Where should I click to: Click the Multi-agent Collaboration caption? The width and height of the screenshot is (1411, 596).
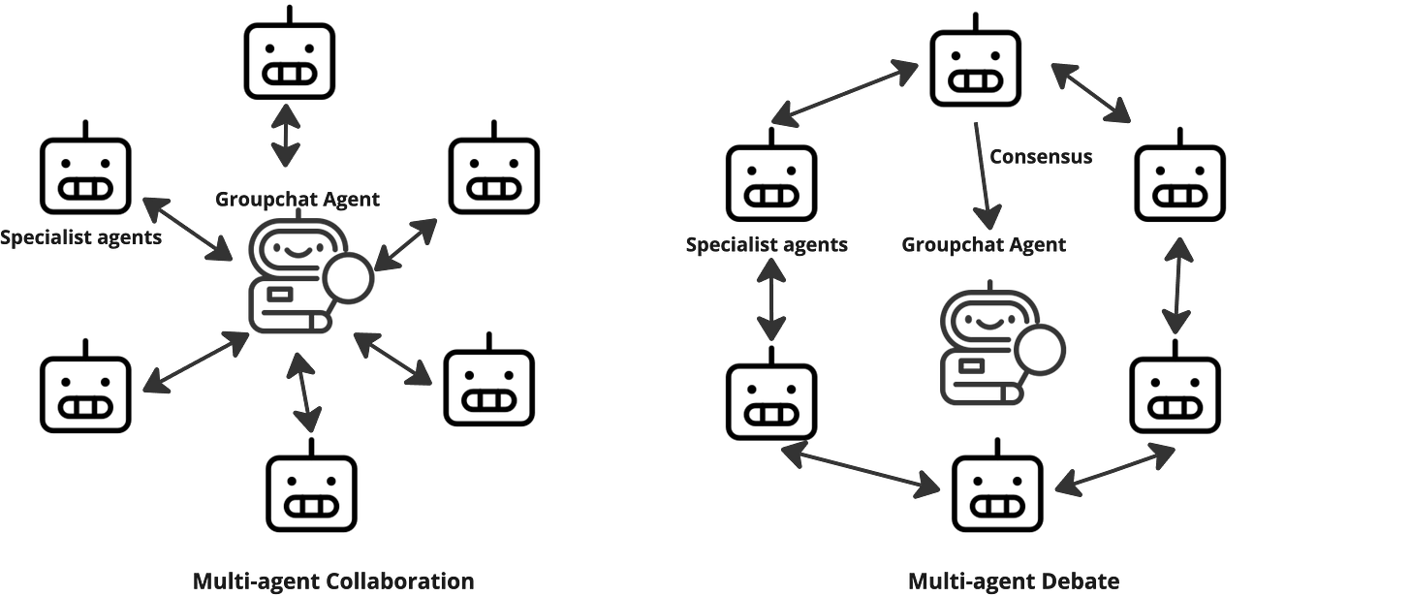tap(333, 581)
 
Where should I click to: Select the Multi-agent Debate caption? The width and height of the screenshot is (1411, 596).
tap(1014, 581)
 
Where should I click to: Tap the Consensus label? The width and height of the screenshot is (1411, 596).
tap(1042, 156)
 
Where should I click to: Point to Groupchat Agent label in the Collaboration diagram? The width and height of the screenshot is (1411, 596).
tap(297, 200)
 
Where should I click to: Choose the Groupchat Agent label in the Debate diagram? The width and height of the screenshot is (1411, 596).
tap(984, 244)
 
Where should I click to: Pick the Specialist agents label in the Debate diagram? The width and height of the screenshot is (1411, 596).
tap(767, 244)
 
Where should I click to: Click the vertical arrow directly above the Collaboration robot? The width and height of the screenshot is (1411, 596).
tap(285, 137)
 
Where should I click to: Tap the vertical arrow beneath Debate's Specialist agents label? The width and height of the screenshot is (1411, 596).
tap(771, 299)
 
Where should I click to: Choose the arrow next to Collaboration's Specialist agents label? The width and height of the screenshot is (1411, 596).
tap(188, 229)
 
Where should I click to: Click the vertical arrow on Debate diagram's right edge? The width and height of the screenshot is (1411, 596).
tap(1178, 286)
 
